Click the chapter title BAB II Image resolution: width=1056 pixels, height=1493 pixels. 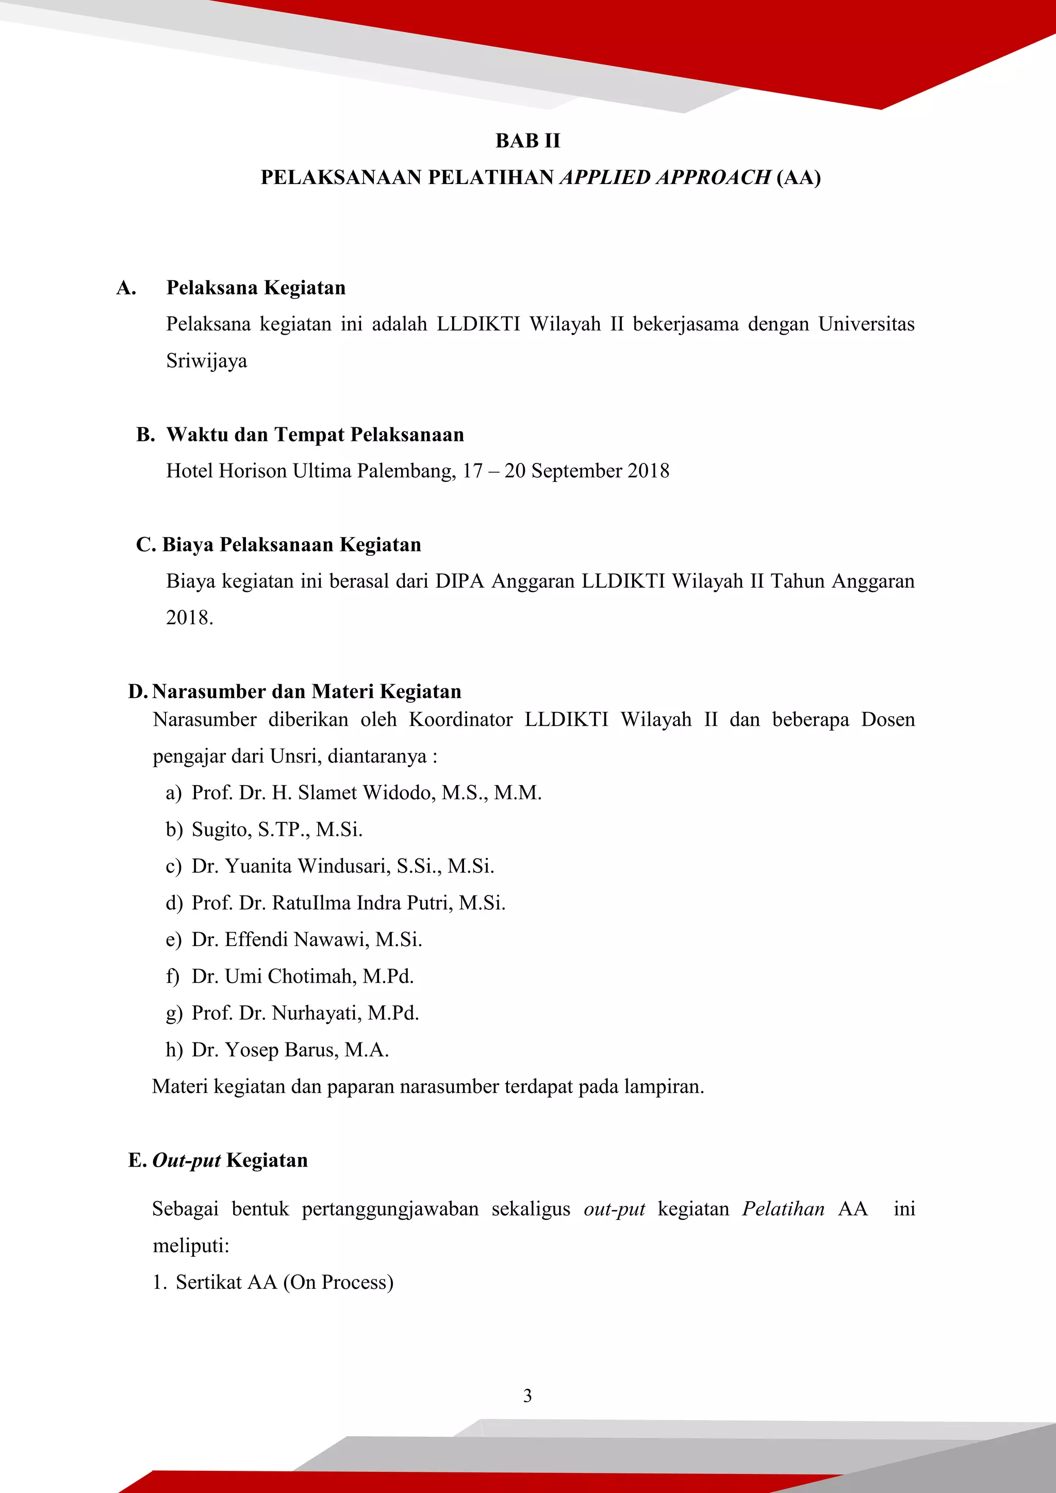(527, 140)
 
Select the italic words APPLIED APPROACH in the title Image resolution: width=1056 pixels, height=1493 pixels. (665, 177)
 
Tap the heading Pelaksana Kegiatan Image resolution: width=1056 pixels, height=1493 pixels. (256, 288)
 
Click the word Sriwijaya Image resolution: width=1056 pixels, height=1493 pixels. (207, 361)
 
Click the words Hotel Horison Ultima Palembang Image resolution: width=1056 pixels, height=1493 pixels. (311, 471)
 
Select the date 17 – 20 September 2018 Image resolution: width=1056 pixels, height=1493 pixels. (566, 471)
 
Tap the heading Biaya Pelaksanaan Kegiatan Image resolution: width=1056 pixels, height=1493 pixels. (291, 544)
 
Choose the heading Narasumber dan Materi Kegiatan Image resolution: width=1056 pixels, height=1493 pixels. (306, 691)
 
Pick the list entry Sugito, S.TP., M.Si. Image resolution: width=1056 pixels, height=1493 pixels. (277, 830)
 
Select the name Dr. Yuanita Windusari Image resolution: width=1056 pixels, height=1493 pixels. (291, 866)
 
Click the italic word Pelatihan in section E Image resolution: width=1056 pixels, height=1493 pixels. (783, 1209)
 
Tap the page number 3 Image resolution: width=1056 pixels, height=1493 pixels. (527, 1396)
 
